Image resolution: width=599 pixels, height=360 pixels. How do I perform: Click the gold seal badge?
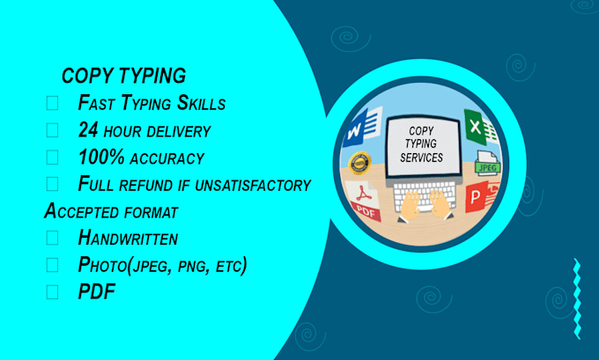pyautogui.click(x=359, y=163)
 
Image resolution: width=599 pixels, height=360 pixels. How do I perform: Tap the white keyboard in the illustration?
pyautogui.click(x=424, y=193)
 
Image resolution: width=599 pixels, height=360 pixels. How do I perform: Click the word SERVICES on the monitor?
pyautogui.click(x=421, y=158)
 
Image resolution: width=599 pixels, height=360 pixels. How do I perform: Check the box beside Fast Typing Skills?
pyautogui.click(x=52, y=103)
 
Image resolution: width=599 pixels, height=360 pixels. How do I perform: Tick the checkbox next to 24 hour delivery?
pyautogui.click(x=52, y=130)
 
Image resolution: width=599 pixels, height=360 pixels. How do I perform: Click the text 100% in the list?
pyautogui.click(x=98, y=158)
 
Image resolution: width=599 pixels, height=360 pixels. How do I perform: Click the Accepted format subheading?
pyautogui.click(x=111, y=211)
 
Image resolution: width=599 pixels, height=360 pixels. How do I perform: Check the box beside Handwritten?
pyautogui.click(x=52, y=238)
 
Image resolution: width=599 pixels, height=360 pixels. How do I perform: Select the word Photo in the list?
pyautogui.click(x=104, y=264)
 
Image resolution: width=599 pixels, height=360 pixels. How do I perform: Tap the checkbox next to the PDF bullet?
pyautogui.click(x=52, y=291)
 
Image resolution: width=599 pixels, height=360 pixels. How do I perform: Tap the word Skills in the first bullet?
pyautogui.click(x=199, y=103)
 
